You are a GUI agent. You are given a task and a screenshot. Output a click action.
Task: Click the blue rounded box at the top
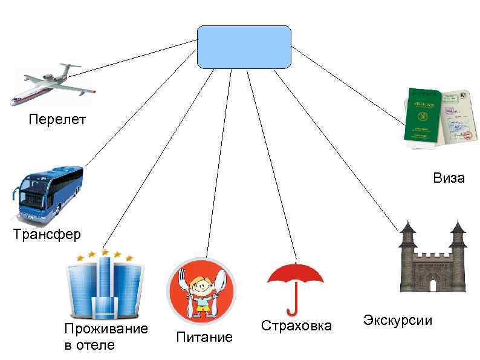(244, 47)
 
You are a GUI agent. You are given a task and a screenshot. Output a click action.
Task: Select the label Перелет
(57, 119)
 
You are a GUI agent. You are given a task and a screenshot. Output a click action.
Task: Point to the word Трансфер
(47, 234)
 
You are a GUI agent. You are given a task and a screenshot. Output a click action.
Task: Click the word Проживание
(106, 329)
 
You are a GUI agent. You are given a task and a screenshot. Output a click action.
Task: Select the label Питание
(204, 338)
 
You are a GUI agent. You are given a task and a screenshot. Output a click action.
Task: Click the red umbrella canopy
(295, 275)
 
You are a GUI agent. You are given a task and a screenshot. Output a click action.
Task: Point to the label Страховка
(296, 326)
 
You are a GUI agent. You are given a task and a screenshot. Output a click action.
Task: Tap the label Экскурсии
(397, 320)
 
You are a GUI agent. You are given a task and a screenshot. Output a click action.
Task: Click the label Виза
(449, 178)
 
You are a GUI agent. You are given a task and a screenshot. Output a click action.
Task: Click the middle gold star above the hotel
(105, 252)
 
